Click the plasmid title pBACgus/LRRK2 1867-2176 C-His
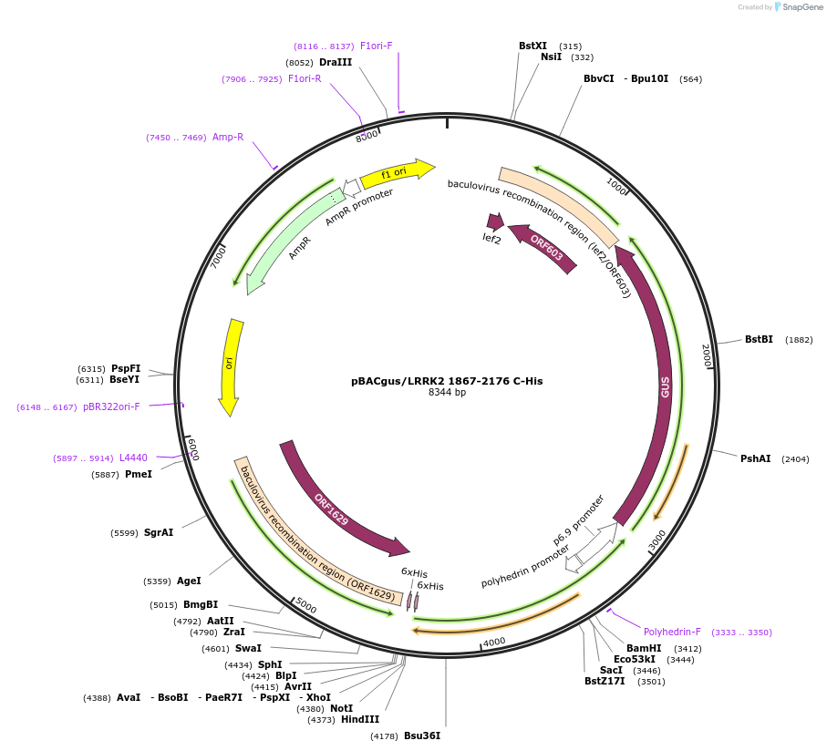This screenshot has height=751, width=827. coord(447,381)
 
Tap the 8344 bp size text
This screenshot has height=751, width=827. coord(447,393)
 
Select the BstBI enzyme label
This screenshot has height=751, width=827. coord(759,340)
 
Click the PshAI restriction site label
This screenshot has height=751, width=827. coord(755,459)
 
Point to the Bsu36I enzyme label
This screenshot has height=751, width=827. coord(421,736)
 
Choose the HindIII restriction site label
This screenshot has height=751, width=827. coord(360,720)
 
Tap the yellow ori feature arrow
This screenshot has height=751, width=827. coord(230,365)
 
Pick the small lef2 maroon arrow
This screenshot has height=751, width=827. coord(495,221)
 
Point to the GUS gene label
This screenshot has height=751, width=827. coord(666,386)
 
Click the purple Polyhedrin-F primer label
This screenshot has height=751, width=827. coord(672,632)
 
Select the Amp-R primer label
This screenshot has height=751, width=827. coord(228,138)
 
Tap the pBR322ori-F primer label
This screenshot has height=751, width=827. coord(111,406)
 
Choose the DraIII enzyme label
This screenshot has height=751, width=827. coord(336,63)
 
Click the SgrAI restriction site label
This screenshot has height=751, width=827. coord(158,532)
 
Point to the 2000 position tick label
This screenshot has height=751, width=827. coord(706,355)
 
